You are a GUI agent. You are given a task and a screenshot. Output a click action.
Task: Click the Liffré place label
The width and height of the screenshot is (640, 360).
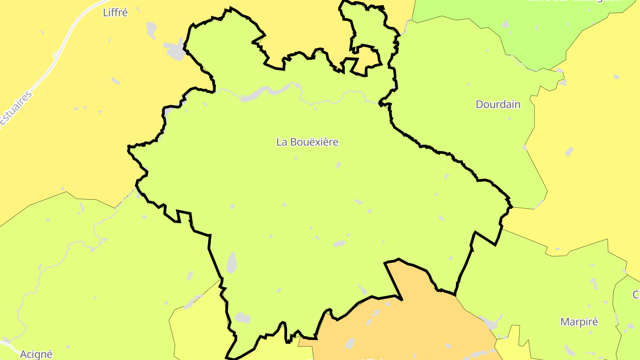115,12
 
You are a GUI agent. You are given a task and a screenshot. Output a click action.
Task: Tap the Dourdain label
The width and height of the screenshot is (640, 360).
498,104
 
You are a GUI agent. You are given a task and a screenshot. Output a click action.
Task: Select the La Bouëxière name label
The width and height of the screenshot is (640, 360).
307,142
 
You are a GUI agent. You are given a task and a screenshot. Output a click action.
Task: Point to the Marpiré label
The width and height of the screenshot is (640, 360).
579,322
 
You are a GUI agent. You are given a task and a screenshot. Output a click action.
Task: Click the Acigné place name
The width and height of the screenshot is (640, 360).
36,354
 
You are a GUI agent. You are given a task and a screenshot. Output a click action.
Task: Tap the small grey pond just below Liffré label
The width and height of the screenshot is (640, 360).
151,29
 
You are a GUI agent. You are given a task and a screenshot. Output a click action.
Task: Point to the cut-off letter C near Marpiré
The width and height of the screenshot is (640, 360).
636,295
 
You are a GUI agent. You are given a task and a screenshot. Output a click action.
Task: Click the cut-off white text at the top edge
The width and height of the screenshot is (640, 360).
573,1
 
